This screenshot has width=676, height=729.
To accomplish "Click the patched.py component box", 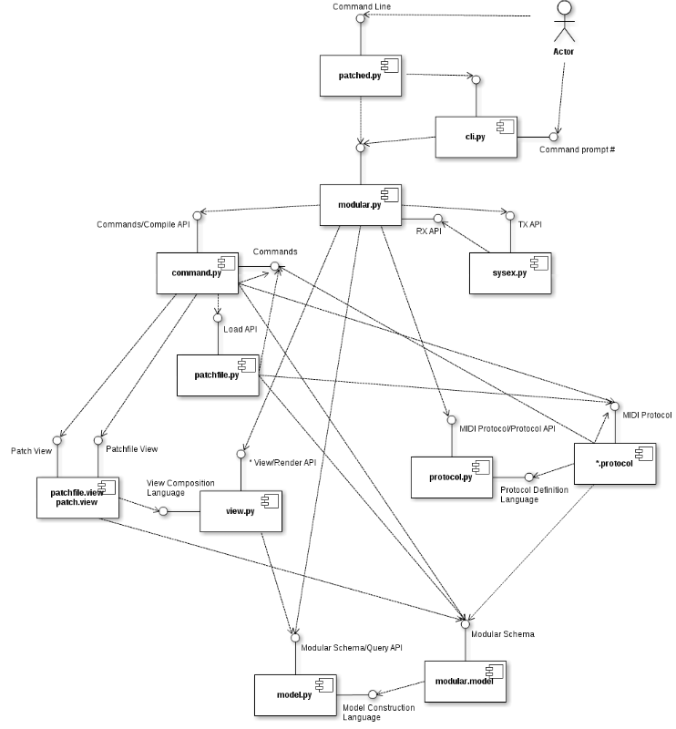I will tap(360, 76).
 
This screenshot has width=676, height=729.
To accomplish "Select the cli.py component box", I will tap(476, 137).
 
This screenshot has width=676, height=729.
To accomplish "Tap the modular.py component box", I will tap(360, 205).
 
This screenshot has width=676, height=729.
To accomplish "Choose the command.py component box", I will tap(197, 273).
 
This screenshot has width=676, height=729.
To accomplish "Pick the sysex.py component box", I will tap(509, 273).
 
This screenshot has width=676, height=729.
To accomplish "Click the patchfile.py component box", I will tap(218, 375).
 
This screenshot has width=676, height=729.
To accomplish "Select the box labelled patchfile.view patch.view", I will tap(77, 498).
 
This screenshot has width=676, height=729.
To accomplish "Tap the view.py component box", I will tap(241, 511).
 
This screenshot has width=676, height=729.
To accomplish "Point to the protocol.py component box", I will tap(451, 477).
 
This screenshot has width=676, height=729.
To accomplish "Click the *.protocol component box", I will tap(614, 464).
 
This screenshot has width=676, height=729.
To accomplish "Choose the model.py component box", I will tap(295, 695).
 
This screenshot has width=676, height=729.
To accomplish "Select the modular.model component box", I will tap(465, 682).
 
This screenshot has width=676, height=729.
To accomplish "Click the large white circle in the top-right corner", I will tap(564, 7).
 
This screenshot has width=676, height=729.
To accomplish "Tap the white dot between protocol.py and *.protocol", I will tap(528, 477).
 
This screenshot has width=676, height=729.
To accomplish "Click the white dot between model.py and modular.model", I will tap(373, 694).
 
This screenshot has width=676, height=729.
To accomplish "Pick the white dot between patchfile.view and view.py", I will tap(163, 511).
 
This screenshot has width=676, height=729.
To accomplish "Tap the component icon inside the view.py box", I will tap(269, 501).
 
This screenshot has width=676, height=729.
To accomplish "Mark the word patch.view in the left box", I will tap(77, 503).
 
